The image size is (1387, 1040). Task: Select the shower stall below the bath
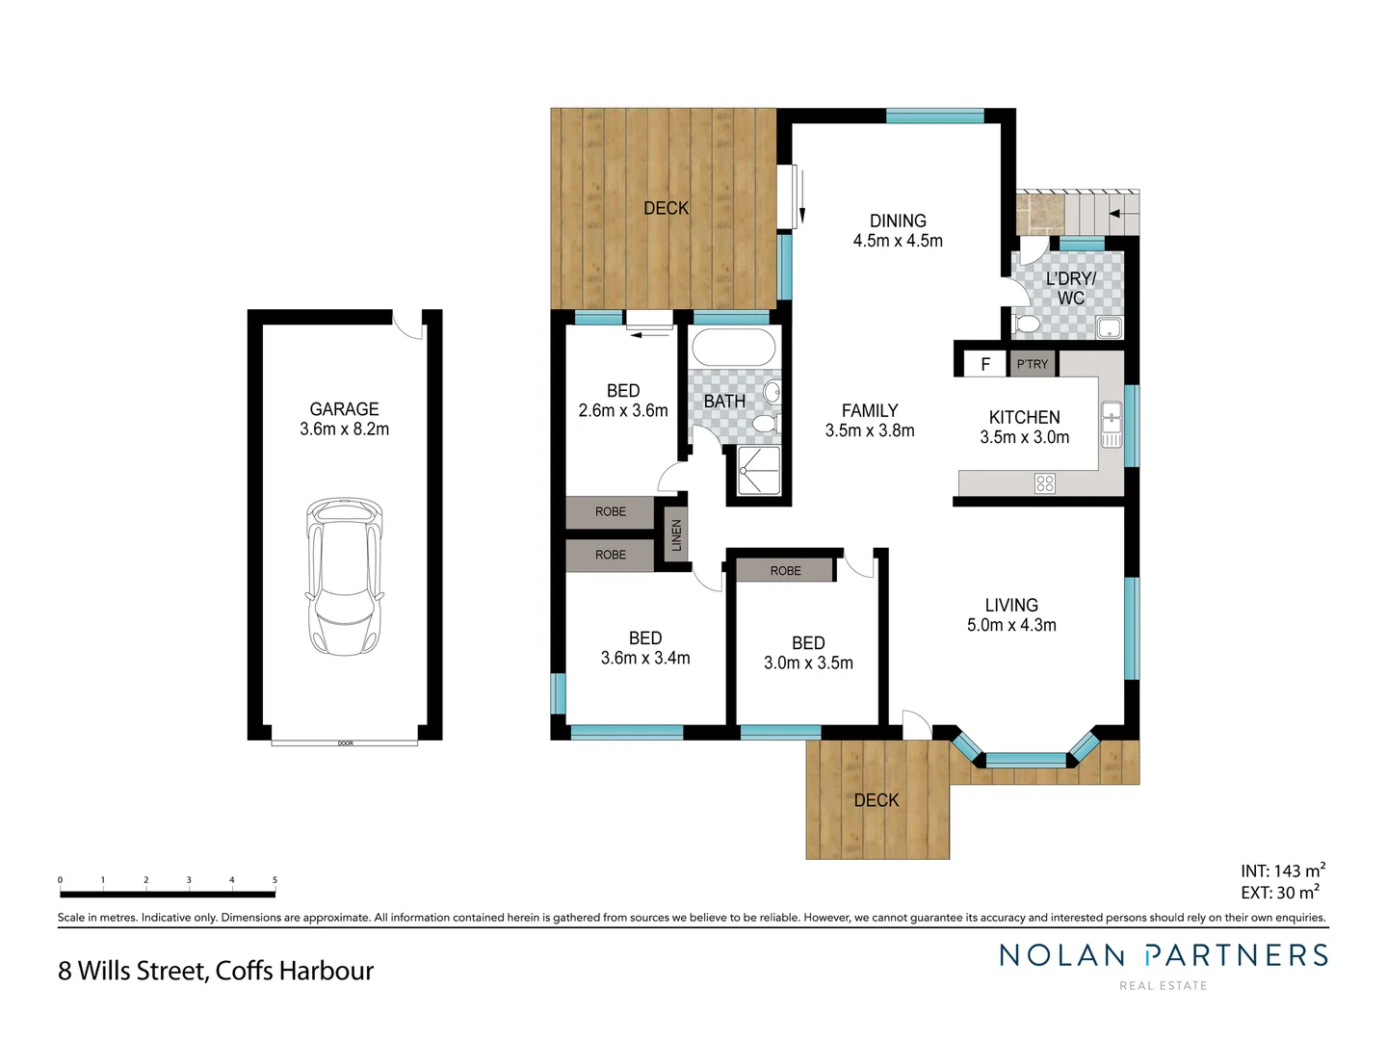click(x=758, y=471)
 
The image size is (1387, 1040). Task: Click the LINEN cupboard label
click(x=676, y=534)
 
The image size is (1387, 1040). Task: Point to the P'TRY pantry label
click(x=1033, y=364)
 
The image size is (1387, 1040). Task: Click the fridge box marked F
click(x=985, y=364)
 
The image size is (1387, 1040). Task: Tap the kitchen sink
click(x=1112, y=424)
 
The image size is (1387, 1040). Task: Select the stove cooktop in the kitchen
click(x=1045, y=483)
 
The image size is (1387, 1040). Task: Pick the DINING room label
click(x=898, y=221)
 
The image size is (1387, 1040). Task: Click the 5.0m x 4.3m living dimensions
click(x=1011, y=625)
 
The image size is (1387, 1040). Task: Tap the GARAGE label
click(x=344, y=409)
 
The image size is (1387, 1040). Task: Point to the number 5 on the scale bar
click(x=275, y=880)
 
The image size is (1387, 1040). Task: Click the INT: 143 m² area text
click(x=1282, y=871)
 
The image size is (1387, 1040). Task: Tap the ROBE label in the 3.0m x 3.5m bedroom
click(x=785, y=571)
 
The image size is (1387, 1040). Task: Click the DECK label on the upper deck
click(x=666, y=208)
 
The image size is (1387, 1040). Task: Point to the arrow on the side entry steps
click(x=1117, y=214)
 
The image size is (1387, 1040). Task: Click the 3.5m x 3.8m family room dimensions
click(x=870, y=431)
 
